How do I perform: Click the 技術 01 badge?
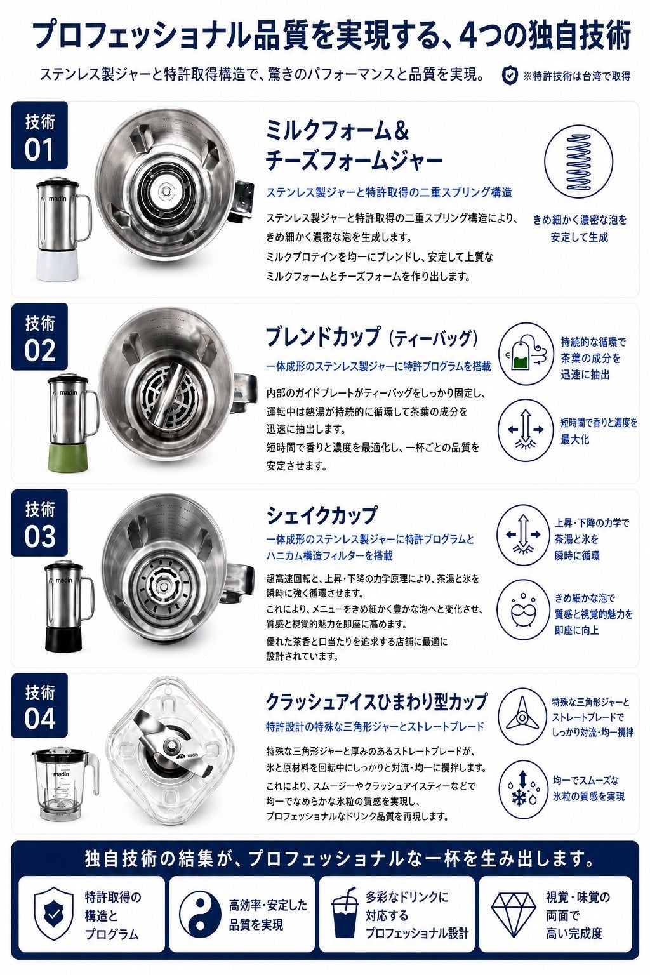coord(39,135)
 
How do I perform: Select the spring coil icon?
coord(579,161)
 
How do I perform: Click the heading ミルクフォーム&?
coord(337,131)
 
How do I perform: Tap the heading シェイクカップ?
coord(321,515)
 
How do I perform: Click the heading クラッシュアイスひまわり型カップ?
coord(376,701)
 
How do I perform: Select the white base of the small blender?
coord(58,265)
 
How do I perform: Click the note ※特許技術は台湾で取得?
coord(577,76)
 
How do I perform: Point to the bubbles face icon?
coord(522,609)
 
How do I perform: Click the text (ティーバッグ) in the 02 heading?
coord(433,338)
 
